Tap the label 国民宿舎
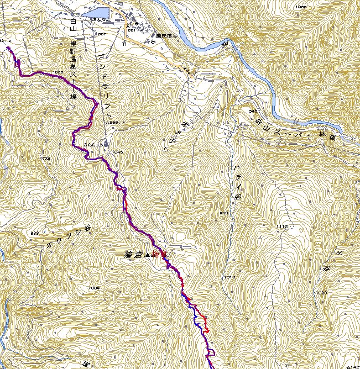(166, 34)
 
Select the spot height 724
(46, 159)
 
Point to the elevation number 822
(34, 233)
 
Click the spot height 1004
(93, 288)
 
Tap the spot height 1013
(230, 276)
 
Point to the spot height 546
(255, 111)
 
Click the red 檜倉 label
(159, 254)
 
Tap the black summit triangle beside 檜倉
(147, 255)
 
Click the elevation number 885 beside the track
(60, 72)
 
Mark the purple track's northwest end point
(9, 49)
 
